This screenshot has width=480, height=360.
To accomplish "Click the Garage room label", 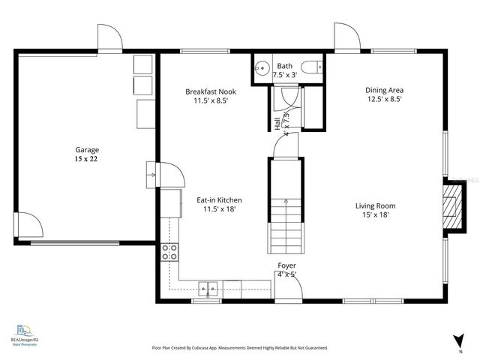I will pos(87,149).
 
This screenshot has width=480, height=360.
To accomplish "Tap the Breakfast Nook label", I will pos(211,91).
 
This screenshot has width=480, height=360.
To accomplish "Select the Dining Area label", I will pos(385,89).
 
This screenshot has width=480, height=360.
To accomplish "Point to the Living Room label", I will pos(375,205).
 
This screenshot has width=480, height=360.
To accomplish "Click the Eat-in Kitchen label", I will pos(219,200).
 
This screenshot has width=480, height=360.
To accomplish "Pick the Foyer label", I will pos(286,265).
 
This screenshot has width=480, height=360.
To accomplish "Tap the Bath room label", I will pos(285,66).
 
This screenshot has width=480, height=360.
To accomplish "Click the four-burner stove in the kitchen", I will pos(170,252).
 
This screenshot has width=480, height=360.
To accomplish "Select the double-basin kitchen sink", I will pos(208,288).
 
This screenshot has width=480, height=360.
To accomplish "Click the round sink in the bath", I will pos(262,68).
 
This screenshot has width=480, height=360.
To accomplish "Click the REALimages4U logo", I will pos(25,334).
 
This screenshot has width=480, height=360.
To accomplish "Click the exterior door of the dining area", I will pos(346,37).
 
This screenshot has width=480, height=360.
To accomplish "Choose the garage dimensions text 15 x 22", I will pos(87,159).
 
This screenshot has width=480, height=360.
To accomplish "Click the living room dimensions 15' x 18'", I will pos(375,215).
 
